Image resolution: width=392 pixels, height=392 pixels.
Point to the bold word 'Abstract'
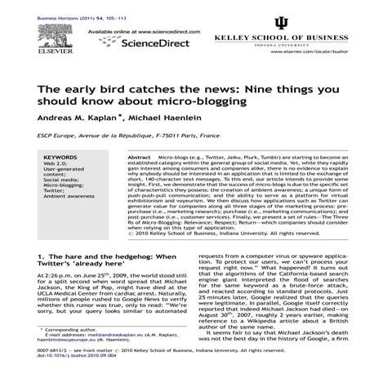coord(140,157)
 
